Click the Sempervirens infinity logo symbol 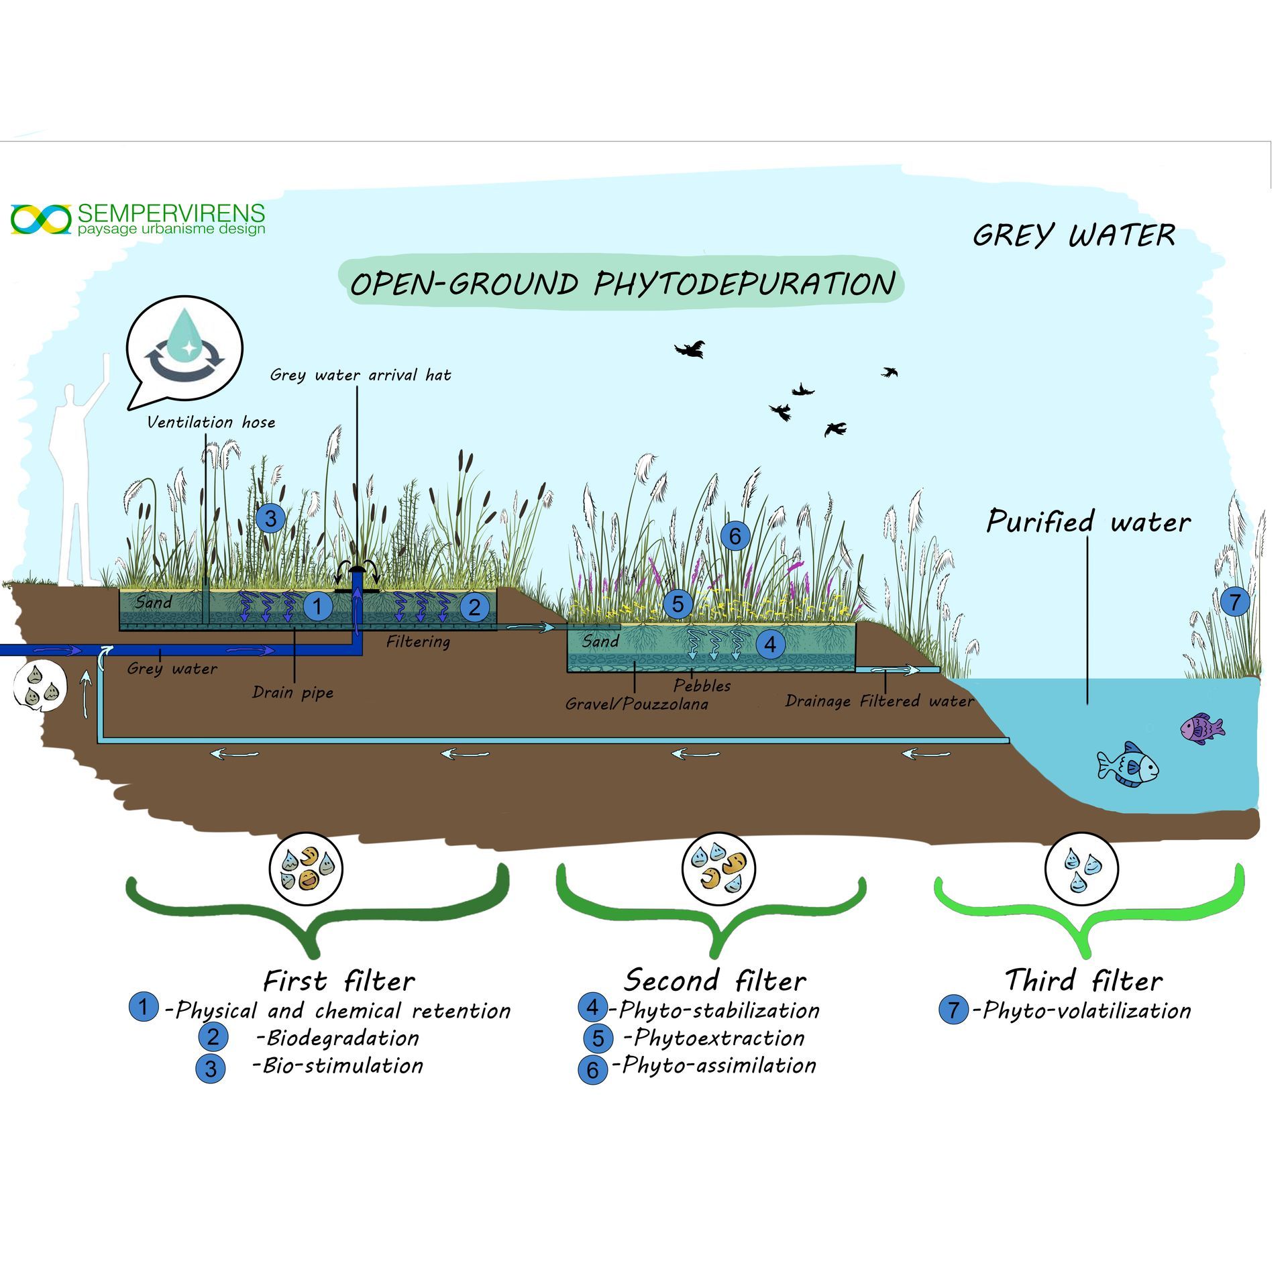41,219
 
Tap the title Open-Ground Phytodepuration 622,283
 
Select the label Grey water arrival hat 360,375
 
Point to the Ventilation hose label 211,422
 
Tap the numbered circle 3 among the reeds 271,518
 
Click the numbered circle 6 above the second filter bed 735,535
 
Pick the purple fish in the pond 1201,728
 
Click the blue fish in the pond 1128,765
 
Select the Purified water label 1088,521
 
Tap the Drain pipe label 292,692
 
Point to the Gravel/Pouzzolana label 636,704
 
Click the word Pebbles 702,685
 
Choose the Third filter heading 1083,980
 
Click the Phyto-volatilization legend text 1086,1010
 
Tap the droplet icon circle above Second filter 718,869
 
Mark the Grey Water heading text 1073,235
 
